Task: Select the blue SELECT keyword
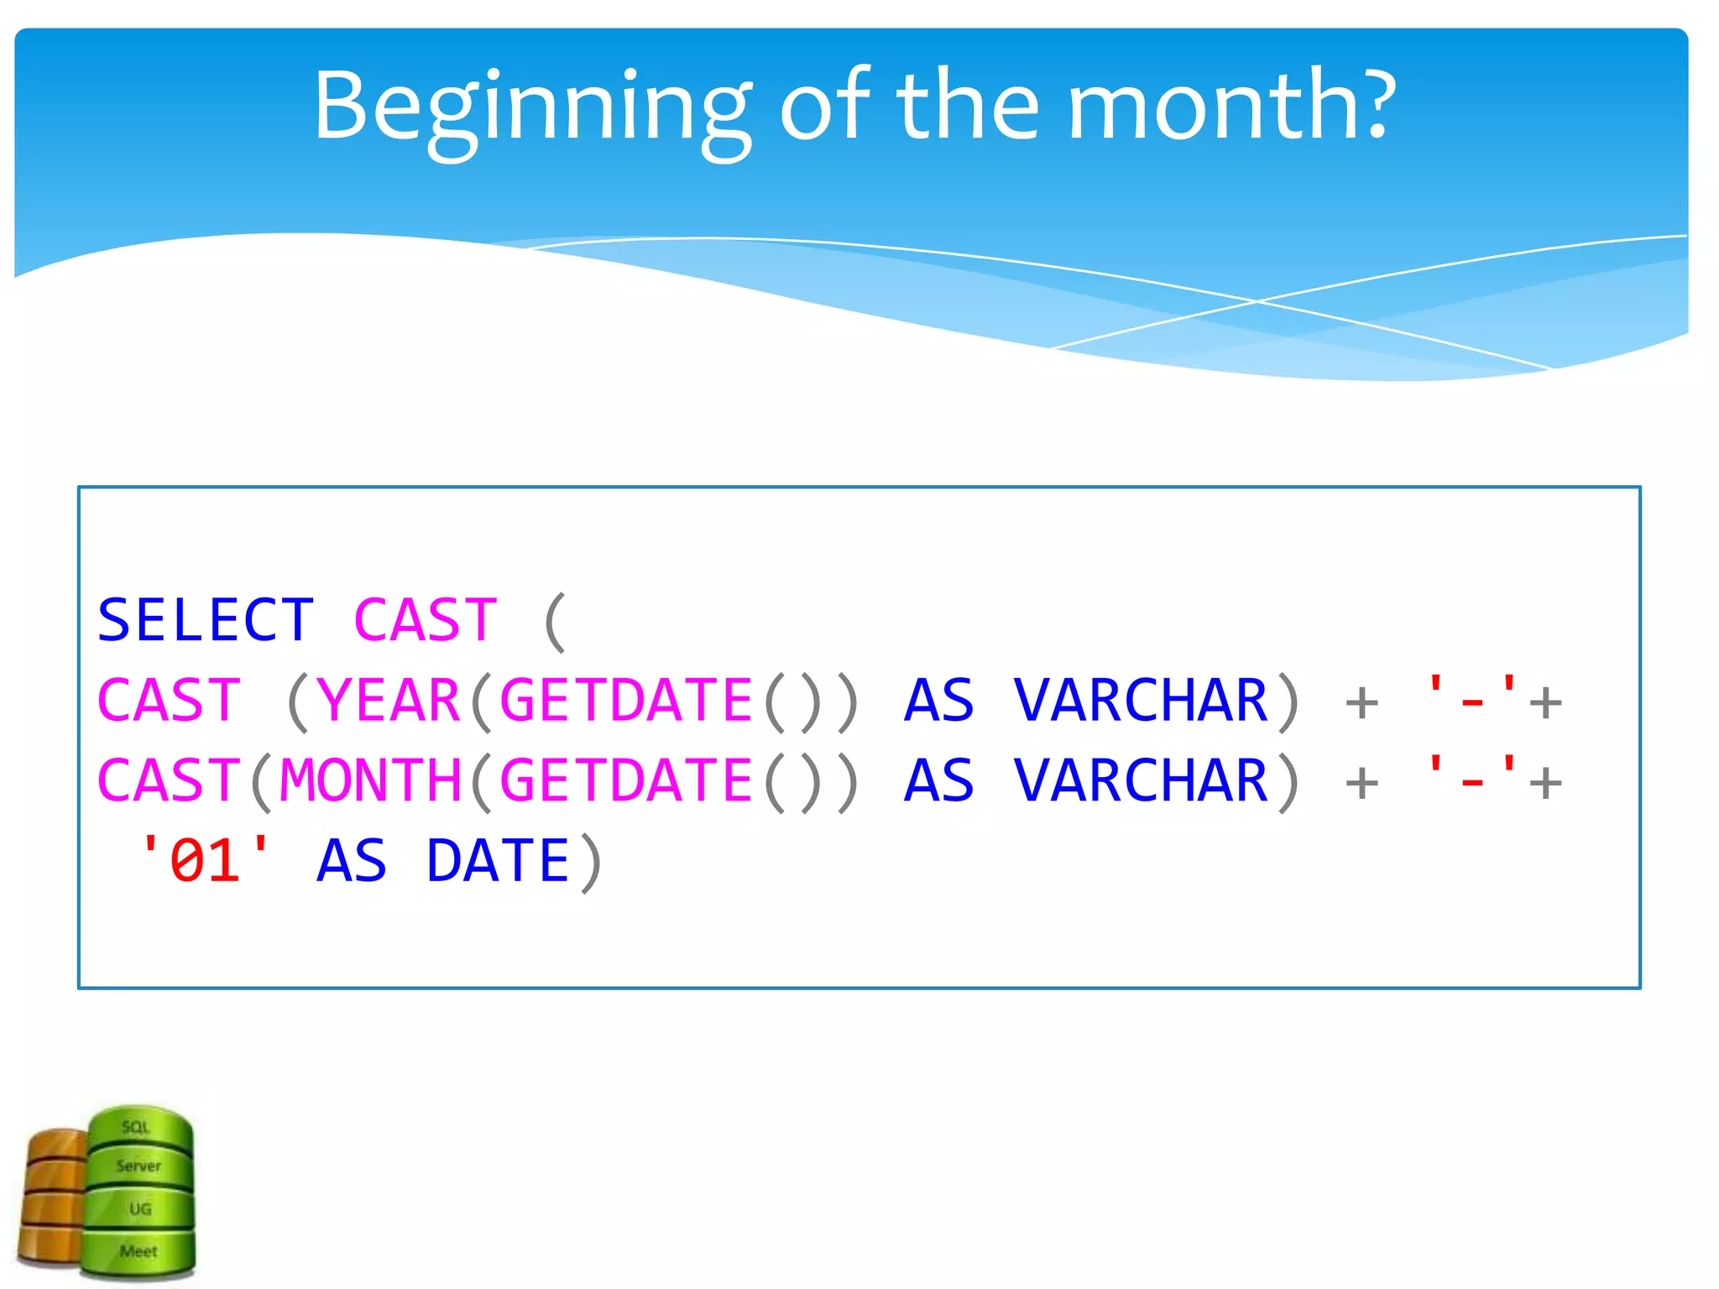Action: click(x=206, y=621)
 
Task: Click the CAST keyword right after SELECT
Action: click(x=426, y=621)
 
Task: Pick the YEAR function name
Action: click(x=389, y=701)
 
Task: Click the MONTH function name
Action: click(x=370, y=780)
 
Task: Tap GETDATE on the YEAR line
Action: click(x=626, y=701)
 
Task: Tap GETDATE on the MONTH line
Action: click(x=626, y=780)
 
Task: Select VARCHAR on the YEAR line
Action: click(x=1140, y=701)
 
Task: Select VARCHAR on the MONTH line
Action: click(x=1140, y=780)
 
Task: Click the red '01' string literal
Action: click(x=206, y=861)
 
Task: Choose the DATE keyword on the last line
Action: click(x=498, y=861)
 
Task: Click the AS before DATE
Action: click(x=352, y=861)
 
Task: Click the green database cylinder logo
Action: click(x=140, y=1192)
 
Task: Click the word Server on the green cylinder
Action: click(x=138, y=1166)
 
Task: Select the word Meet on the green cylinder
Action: click(x=138, y=1251)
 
